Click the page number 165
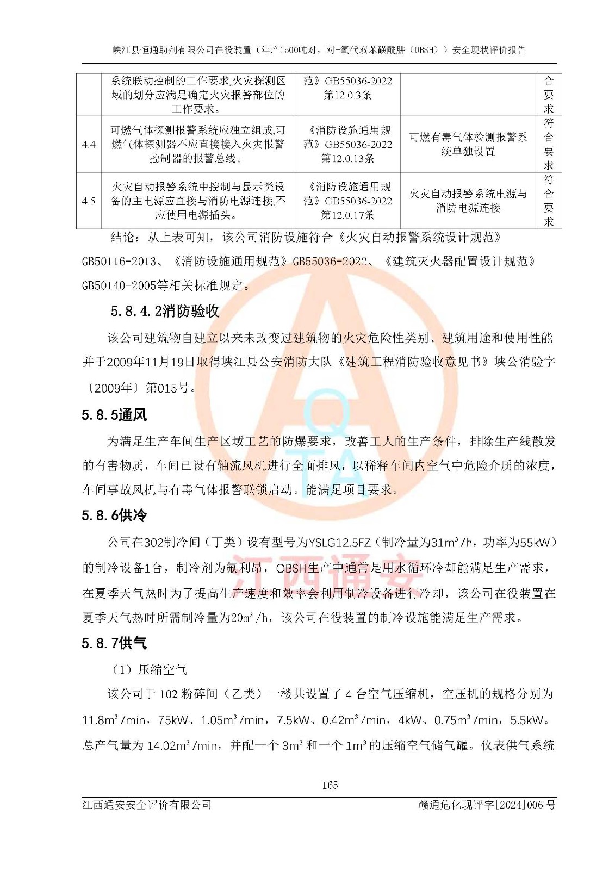pyautogui.click(x=330, y=785)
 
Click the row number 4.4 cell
pyautogui.click(x=89, y=145)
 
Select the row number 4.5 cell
pyautogui.click(x=89, y=201)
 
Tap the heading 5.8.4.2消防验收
pyautogui.click(x=165, y=311)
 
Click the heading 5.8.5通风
pyautogui.click(x=114, y=415)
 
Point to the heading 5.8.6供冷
pyautogui.click(x=114, y=515)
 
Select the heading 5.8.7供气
pyautogui.click(x=114, y=643)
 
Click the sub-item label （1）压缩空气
pyautogui.click(x=150, y=669)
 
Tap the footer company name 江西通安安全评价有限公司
pyautogui.click(x=146, y=805)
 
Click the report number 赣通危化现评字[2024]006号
pyautogui.click(x=487, y=805)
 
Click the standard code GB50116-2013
pyautogui.click(x=119, y=262)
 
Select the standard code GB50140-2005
pyautogui.click(x=119, y=285)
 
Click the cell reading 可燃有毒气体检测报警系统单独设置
pyautogui.click(x=468, y=145)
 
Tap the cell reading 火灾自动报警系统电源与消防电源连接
pyautogui.click(x=468, y=201)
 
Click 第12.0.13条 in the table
pyautogui.click(x=347, y=159)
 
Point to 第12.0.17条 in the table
pyautogui.click(x=347, y=215)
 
